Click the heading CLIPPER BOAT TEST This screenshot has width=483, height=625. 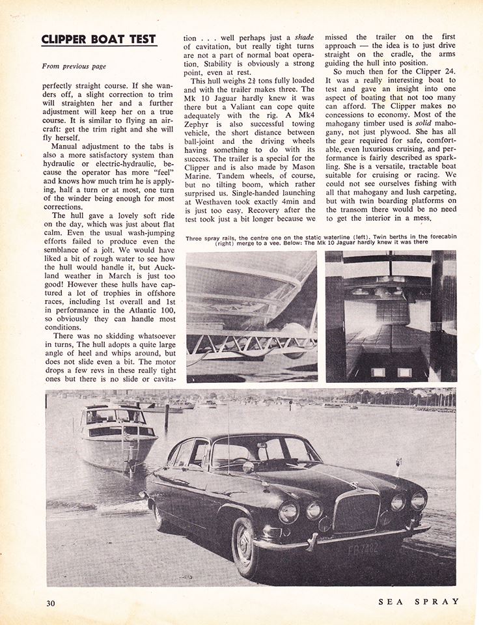pyautogui.click(x=99, y=38)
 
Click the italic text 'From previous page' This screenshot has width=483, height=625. pyautogui.click(x=74, y=66)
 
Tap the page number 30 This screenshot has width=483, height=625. pyautogui.click(x=51, y=603)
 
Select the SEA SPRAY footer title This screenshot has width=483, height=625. pyautogui.click(x=419, y=602)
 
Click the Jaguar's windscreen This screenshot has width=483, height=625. pyautogui.click(x=234, y=452)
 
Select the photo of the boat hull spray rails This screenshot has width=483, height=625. pyautogui.click(x=252, y=316)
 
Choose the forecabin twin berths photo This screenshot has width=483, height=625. pyautogui.click(x=391, y=316)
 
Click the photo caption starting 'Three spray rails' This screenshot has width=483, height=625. pyautogui.click(x=320, y=238)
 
